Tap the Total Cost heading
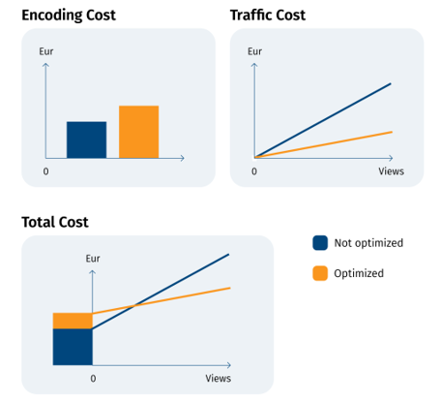55,222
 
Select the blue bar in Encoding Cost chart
86,139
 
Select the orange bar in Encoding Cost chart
138,132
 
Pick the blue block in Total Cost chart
73,347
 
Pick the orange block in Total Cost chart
73,321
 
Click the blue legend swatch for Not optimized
320,243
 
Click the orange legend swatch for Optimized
320,273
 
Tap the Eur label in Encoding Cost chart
45,49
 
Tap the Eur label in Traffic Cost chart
254,49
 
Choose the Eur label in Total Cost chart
93,259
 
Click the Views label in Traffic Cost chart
391,171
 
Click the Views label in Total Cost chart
218,378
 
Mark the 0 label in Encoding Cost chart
45,171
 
